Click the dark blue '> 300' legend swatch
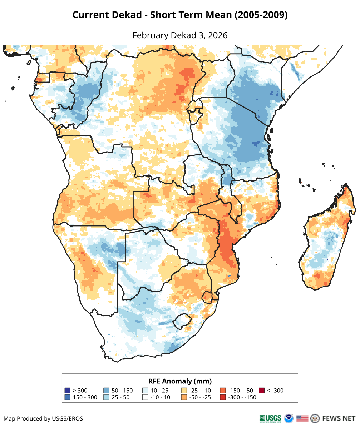tap(67, 391)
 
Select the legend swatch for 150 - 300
tap(67, 397)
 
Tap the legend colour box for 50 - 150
tap(106, 391)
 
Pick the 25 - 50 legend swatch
tap(106, 397)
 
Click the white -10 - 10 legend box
tap(145, 397)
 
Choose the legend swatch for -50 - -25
tap(184, 397)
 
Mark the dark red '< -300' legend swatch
tap(262, 391)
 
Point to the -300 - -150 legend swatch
tap(223, 397)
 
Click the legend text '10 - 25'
tap(159, 391)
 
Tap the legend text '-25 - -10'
tap(201, 391)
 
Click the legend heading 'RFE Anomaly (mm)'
tap(180, 381)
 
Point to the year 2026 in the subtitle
tap(218, 35)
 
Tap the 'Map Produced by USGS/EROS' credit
tap(43, 418)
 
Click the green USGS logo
tap(270, 418)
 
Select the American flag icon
tap(302, 418)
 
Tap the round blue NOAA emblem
tap(289, 418)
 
